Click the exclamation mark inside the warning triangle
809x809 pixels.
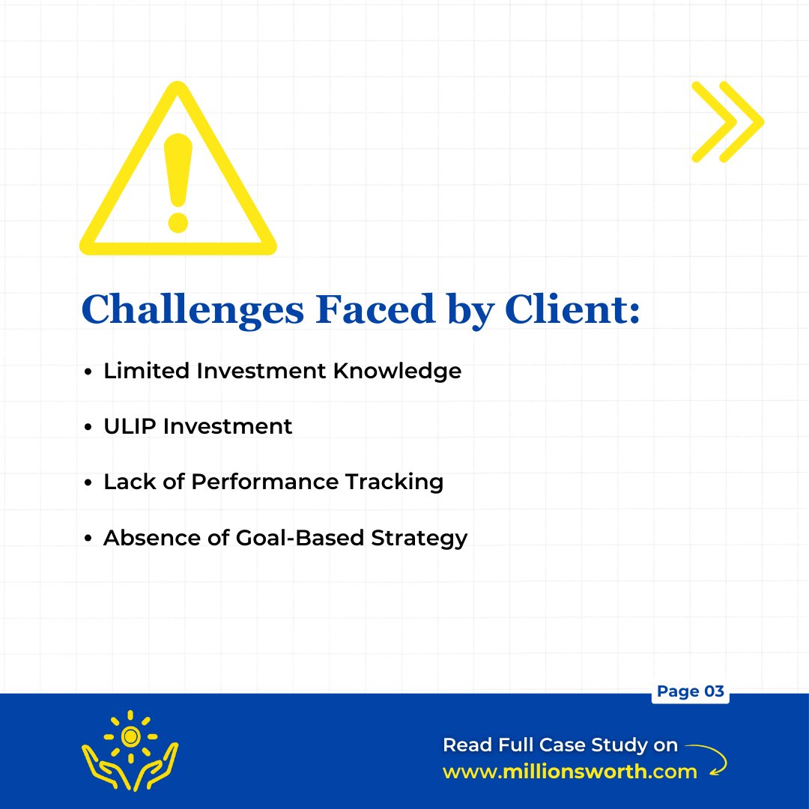coord(178,181)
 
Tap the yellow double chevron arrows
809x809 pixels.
coord(727,121)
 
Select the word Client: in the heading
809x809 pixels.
coord(572,308)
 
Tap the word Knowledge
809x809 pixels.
coord(398,371)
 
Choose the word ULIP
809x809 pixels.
coord(130,426)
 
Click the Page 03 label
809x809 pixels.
coord(690,691)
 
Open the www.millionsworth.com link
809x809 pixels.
coord(570,772)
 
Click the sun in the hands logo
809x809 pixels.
coord(130,737)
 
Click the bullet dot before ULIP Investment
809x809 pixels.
coord(88,427)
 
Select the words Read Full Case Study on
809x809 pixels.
coord(560,745)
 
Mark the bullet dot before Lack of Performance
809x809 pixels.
coord(88,482)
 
